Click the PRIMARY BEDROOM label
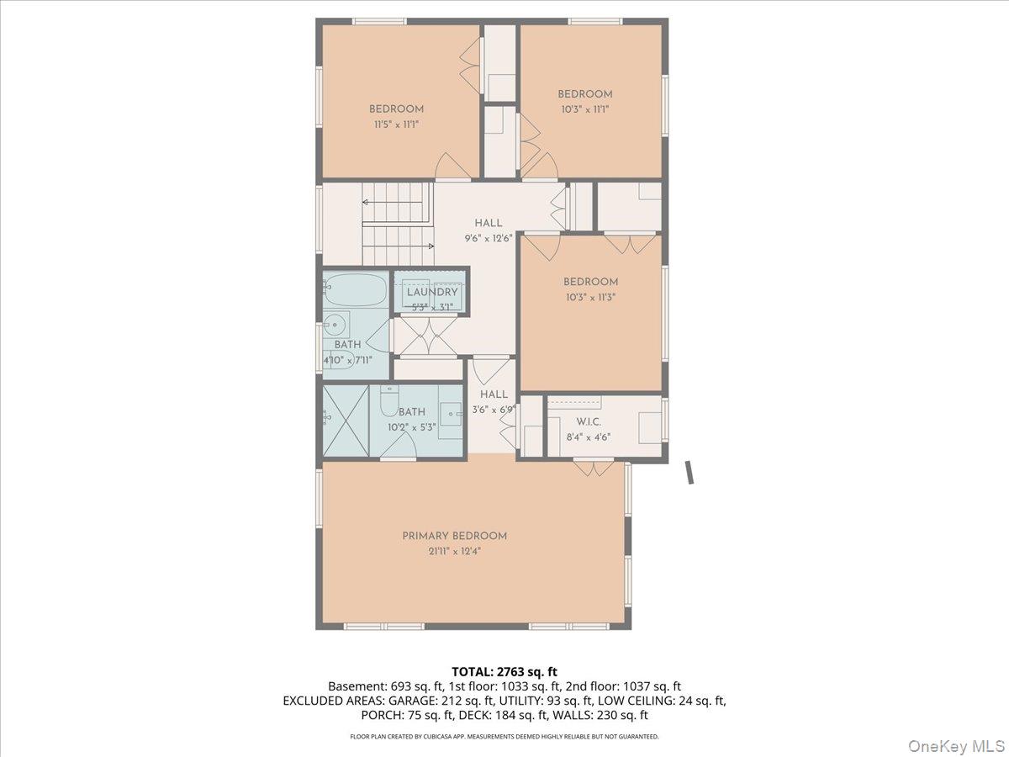coord(454,536)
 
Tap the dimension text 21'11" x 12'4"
coord(454,552)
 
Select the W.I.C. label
coord(588,421)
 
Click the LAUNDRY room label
coord(432,292)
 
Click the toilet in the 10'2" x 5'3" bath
coord(388,402)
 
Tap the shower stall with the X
coord(345,417)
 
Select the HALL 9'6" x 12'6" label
coord(488,223)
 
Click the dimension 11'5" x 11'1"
coord(396,124)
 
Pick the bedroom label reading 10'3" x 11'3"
coord(590,297)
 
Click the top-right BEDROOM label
coord(585,94)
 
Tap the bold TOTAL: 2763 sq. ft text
coord(504,671)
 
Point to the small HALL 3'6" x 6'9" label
coord(494,394)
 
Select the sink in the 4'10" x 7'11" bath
coord(336,323)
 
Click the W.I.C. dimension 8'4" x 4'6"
coord(588,437)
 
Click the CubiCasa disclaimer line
coord(504,737)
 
